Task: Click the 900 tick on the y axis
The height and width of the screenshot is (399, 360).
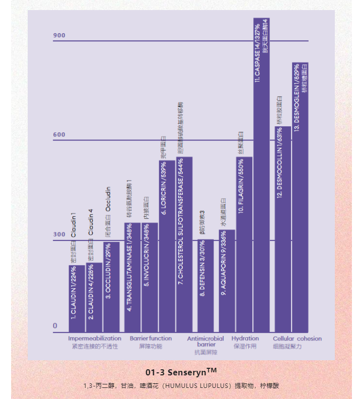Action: [59, 36]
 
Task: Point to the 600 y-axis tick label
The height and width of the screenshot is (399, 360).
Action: [59, 135]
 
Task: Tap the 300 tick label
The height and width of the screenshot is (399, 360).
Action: [59, 234]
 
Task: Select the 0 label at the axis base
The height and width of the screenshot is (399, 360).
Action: [55, 326]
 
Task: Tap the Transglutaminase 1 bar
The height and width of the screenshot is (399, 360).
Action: [132, 277]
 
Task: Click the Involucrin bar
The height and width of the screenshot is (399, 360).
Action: [150, 277]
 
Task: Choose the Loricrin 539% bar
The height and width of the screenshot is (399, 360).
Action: [167, 247]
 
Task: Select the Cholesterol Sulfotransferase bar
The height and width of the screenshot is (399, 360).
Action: [184, 244]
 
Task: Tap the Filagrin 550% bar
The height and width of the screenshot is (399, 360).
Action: [244, 244]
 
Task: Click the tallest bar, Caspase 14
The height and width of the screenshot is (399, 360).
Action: [262, 176]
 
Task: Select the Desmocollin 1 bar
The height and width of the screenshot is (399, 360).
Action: [282, 229]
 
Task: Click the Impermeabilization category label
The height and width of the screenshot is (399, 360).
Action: [95, 339]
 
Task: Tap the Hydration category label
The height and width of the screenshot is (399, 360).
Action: [245, 339]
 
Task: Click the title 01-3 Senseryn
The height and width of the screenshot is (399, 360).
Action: [181, 373]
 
